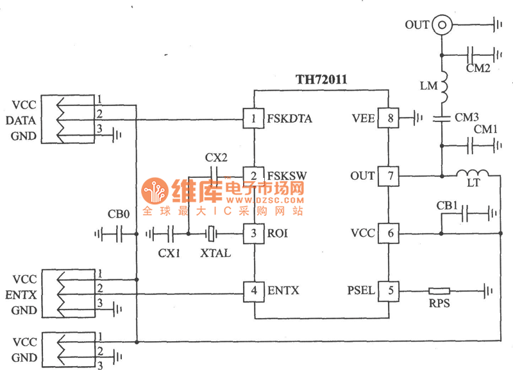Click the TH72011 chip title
point(321,80)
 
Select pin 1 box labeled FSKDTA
point(255,118)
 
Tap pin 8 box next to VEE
point(389,118)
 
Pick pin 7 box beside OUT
point(389,175)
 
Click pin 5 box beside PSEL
point(389,291)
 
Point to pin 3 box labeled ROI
point(255,233)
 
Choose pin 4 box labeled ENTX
point(255,291)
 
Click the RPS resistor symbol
point(439,291)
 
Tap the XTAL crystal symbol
point(213,233)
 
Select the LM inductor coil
point(442,86)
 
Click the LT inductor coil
point(472,173)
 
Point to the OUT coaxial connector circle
point(441,26)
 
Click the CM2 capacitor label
point(478,67)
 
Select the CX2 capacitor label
point(215,157)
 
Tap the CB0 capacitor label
point(119,215)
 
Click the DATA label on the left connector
point(21,120)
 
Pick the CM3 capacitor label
point(466,117)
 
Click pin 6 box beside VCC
point(389,233)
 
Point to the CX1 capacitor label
point(169,253)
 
